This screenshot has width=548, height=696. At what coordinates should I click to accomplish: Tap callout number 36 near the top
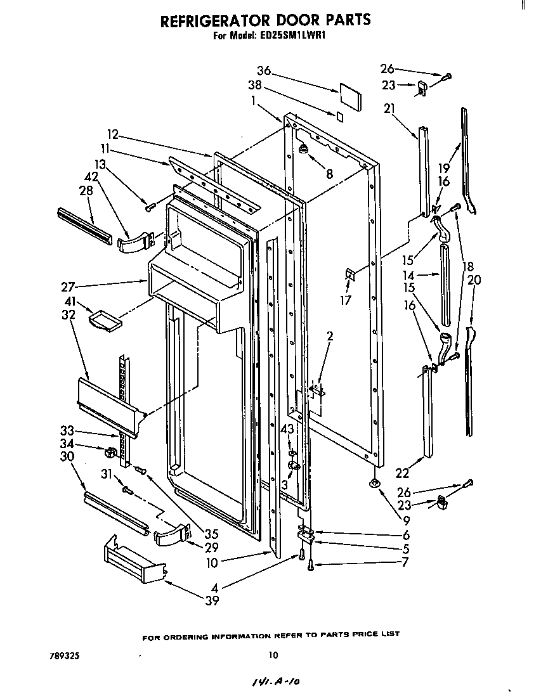click(x=264, y=70)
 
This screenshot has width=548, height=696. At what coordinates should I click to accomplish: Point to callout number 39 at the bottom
click(x=212, y=600)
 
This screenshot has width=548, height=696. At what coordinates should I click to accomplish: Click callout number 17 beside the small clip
click(x=345, y=300)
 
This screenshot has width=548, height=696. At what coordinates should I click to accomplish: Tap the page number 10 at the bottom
click(x=273, y=655)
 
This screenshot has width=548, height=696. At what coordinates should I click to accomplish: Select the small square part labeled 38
click(x=340, y=116)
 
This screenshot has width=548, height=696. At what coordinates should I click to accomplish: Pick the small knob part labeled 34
click(x=113, y=453)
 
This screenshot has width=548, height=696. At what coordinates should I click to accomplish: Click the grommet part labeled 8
click(x=304, y=150)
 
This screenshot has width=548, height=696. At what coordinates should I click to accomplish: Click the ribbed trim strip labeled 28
click(x=84, y=223)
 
